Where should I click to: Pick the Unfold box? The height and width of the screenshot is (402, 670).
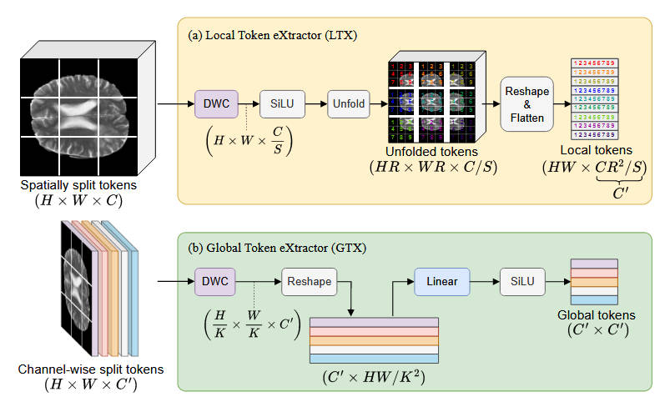point(348,104)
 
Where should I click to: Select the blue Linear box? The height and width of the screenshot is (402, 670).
point(441,282)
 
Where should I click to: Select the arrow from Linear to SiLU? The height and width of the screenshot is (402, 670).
point(484,282)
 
